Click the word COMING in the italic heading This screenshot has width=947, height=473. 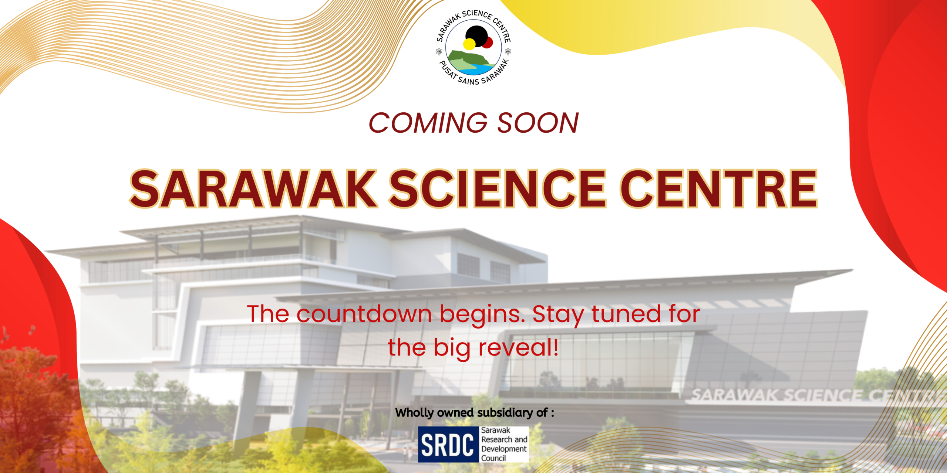point(428,123)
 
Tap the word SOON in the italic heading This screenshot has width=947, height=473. point(538,123)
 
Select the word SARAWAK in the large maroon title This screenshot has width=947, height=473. point(253,188)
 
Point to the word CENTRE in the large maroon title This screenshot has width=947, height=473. point(719,188)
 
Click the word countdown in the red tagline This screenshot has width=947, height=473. point(364,314)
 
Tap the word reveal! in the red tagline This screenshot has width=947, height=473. point(519,348)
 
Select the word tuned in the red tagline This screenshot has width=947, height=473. point(626,314)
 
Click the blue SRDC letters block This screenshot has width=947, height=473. point(448,445)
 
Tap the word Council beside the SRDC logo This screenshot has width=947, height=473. point(493,458)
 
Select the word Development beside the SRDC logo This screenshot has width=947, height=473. point(504,449)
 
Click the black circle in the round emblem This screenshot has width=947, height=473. point(477,36)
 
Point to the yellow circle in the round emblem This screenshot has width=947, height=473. point(469,44)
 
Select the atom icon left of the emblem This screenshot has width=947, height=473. point(439,52)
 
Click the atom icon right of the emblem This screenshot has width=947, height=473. point(508,52)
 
